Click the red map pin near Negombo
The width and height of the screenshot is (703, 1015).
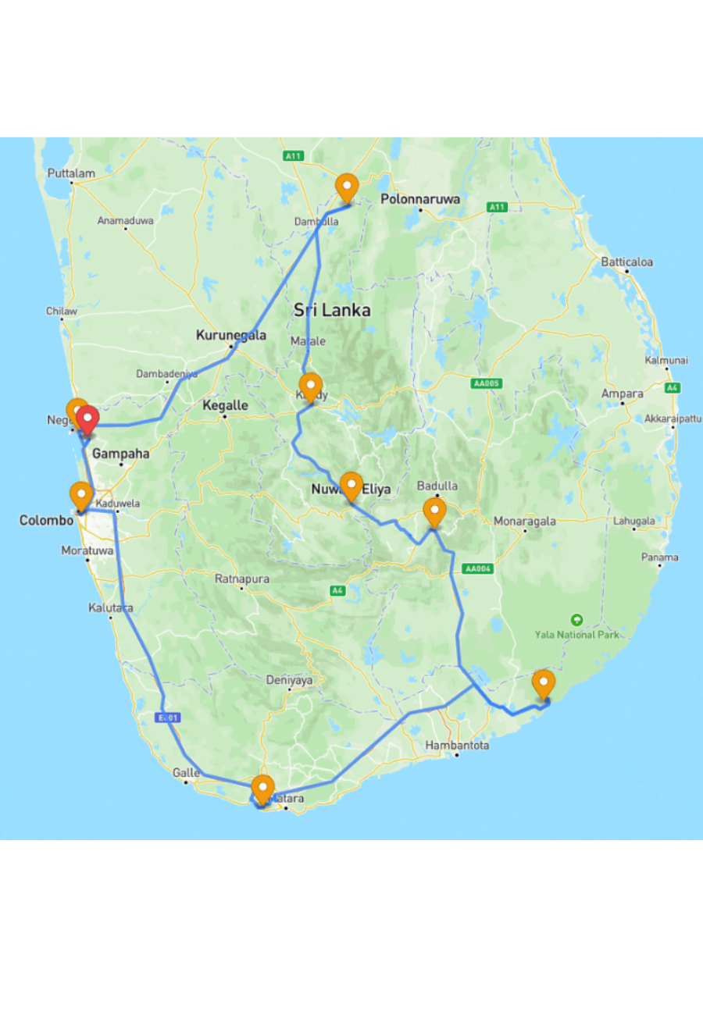pos(87,420)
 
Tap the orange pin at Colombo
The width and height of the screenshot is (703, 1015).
pos(80,495)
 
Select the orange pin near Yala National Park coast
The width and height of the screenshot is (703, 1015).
pos(544,683)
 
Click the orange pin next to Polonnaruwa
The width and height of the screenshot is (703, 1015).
pos(347,187)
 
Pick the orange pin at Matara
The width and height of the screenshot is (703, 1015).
pos(263,789)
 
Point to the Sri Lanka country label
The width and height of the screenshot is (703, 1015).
pos(332,311)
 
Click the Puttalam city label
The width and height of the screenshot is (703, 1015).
pos(71,173)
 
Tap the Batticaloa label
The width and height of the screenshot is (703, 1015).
pos(626,262)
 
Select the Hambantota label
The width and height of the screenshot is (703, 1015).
pos(457,746)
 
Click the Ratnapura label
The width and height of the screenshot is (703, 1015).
pos(242,579)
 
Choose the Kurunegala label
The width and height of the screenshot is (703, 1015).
pos(230,336)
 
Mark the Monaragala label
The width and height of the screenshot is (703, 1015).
pos(523,521)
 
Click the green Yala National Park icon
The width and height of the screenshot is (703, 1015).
pos(576,620)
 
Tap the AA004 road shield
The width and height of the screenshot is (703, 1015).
pos(478,569)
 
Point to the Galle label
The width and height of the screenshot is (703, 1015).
pos(186,772)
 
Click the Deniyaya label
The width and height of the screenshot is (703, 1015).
pos(289,680)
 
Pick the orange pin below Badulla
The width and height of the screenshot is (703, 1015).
pos(434,511)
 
